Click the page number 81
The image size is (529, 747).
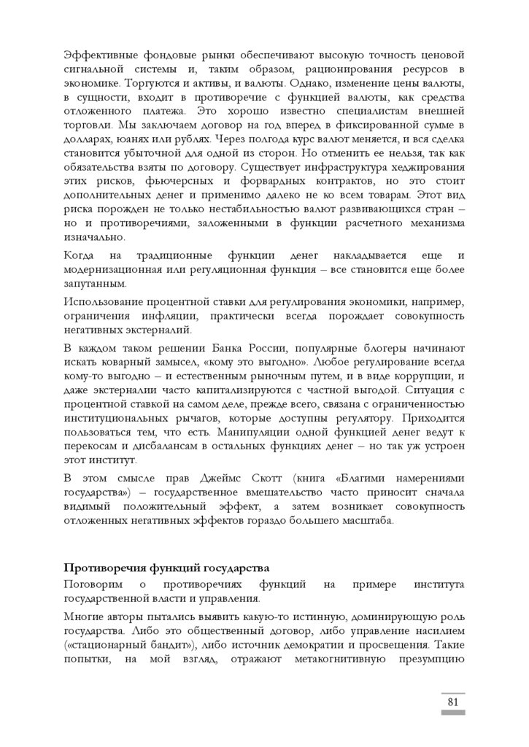pyautogui.click(x=452, y=702)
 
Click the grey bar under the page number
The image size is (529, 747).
pyautogui.click(x=452, y=714)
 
